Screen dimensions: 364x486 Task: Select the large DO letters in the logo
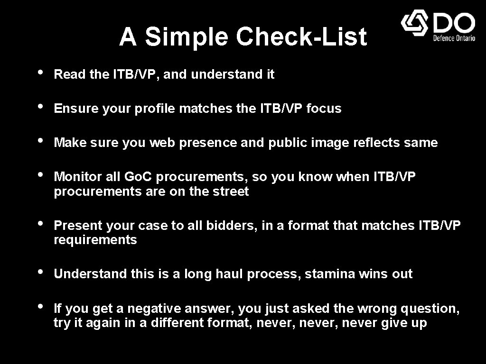454,22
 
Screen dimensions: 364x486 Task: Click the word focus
324,109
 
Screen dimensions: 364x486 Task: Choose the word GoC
138,177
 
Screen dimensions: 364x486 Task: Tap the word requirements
95,240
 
